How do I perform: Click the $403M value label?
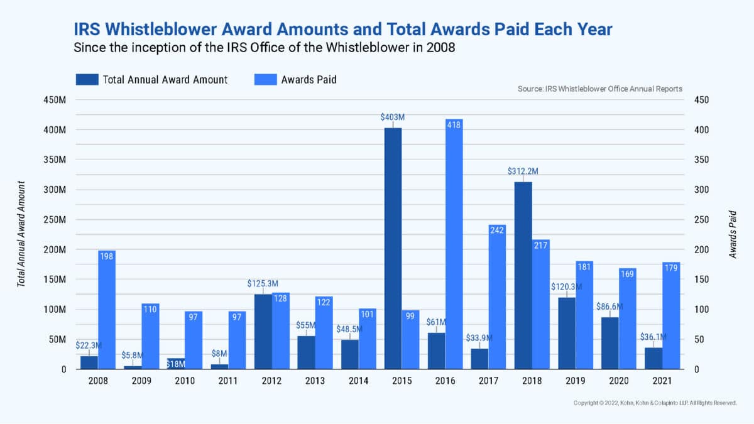(393, 117)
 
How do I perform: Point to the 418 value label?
(454, 125)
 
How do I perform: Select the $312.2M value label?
(523, 171)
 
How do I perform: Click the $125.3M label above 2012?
(263, 284)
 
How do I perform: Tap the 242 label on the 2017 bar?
(497, 230)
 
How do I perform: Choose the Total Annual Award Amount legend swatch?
(87, 80)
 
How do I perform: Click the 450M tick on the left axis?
(55, 100)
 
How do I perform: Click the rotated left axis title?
(21, 234)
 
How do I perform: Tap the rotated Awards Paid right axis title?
(733, 234)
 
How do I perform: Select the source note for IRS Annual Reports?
(599, 89)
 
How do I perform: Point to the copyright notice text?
(655, 403)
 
